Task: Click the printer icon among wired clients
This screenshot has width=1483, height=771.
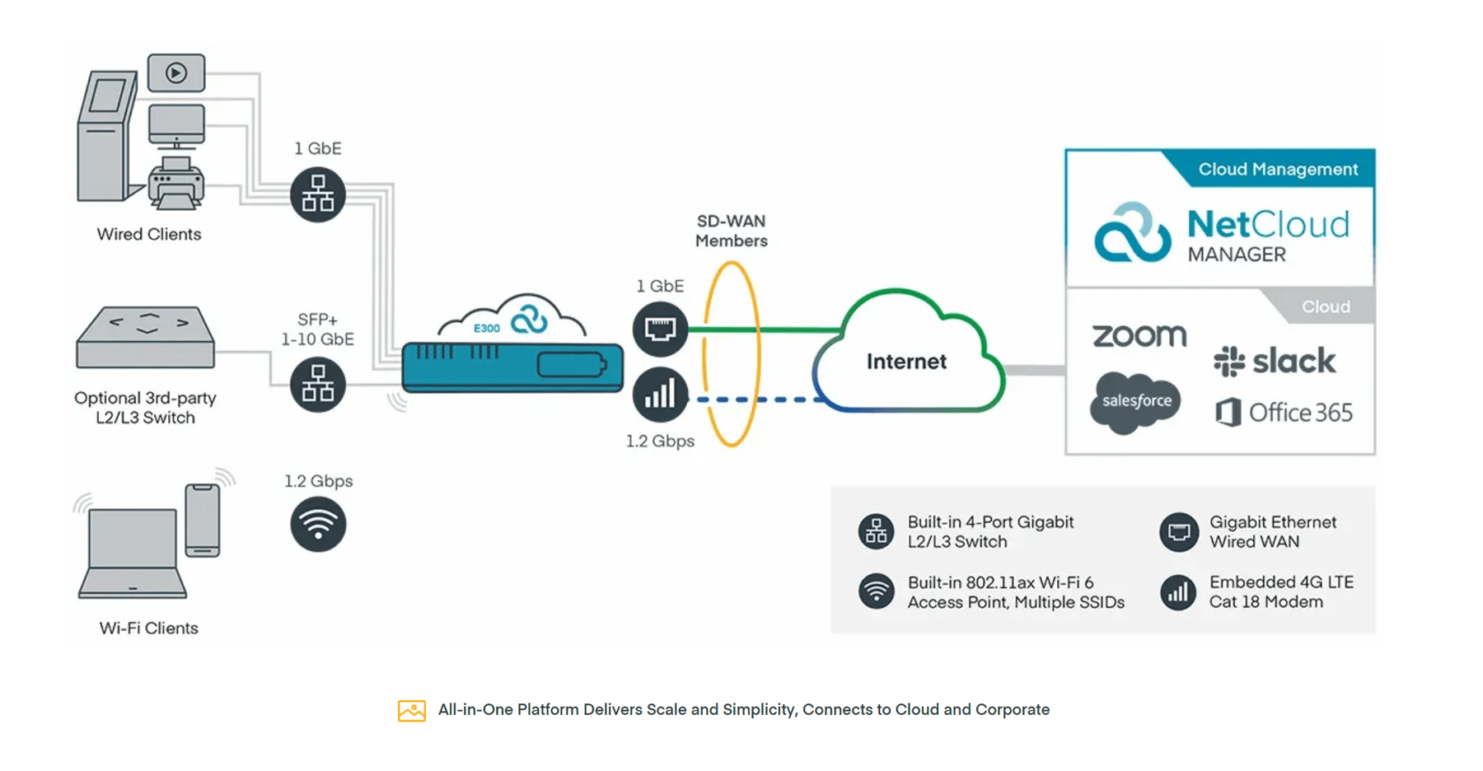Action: (175, 185)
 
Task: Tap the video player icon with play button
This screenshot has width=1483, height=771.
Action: (175, 73)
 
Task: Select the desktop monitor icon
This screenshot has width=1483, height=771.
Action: (176, 127)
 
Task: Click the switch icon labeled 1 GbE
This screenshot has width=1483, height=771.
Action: (318, 195)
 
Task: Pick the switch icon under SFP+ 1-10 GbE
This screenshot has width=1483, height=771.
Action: (318, 385)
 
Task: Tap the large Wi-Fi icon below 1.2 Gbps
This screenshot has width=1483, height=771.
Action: (318, 525)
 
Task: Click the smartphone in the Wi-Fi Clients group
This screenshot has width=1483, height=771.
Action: (203, 520)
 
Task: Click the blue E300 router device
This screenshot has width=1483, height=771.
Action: (512, 367)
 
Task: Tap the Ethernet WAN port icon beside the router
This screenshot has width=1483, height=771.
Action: (660, 329)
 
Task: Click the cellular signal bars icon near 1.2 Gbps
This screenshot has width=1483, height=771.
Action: (660, 395)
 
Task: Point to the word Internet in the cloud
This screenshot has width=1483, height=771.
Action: (906, 362)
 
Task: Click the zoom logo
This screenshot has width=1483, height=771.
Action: (1139, 335)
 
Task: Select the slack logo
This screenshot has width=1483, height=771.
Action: (1275, 361)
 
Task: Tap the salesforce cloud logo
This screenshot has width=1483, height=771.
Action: (1136, 401)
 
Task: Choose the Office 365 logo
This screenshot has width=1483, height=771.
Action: (1284, 412)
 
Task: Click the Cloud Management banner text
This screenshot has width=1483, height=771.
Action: (1277, 169)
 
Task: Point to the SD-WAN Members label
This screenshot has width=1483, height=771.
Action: (731, 231)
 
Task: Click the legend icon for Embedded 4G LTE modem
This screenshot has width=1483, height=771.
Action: (1178, 592)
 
